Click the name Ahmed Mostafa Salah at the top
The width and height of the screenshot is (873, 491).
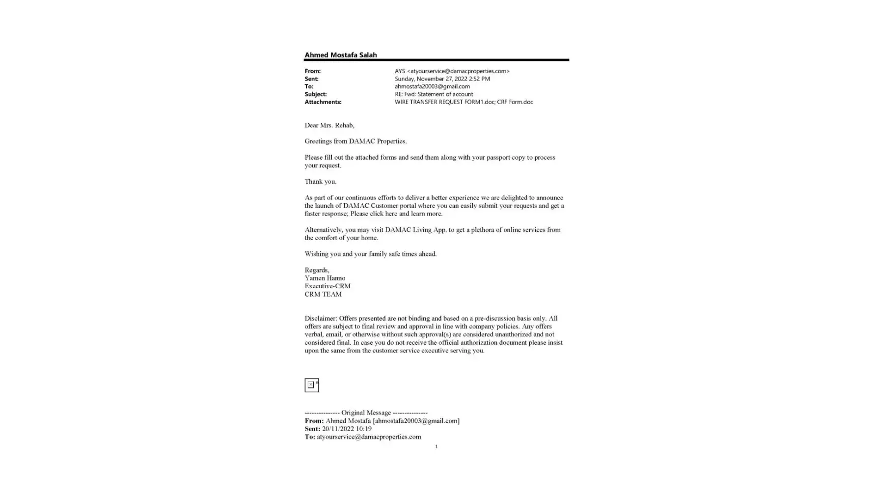click(340, 55)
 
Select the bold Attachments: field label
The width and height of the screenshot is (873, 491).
click(323, 102)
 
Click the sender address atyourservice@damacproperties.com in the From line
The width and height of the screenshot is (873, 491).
click(459, 71)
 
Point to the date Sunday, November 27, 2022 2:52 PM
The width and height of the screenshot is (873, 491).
click(442, 79)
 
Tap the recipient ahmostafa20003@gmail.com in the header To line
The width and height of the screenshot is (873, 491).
click(432, 86)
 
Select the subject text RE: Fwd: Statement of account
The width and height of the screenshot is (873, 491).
click(434, 94)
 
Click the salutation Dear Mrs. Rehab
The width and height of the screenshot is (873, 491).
click(329, 125)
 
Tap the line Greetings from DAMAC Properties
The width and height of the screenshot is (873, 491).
click(355, 141)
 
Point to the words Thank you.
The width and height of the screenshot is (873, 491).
click(320, 182)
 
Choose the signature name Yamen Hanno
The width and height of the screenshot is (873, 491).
click(325, 278)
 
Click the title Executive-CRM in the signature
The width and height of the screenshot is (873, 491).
click(327, 286)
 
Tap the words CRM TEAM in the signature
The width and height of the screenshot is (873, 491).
click(323, 295)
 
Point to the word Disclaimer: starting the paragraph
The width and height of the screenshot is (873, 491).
click(321, 319)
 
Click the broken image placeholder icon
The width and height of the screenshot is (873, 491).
click(311, 385)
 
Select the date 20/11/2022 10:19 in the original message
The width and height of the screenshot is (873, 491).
click(347, 429)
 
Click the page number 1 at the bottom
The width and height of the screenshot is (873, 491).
click(436, 447)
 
